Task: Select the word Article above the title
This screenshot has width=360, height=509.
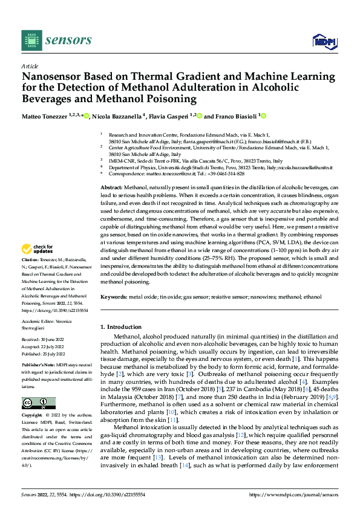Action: pos(30,66)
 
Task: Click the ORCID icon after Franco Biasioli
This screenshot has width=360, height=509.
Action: pos(263,115)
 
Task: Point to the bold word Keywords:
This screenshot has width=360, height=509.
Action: pos(114,297)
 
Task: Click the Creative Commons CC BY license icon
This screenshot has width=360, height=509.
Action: pos(38,403)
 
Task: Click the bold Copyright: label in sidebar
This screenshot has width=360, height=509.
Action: pos(33,417)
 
